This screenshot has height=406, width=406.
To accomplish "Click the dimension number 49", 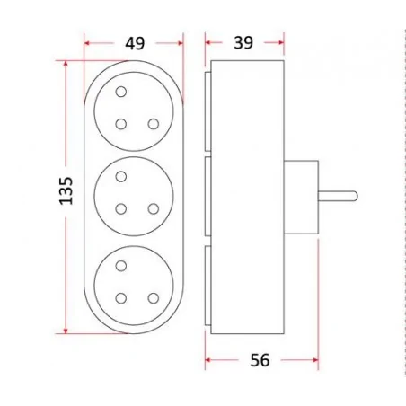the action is (135, 43).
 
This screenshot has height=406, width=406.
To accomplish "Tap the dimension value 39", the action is (243, 43).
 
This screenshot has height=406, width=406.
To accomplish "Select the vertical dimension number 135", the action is (66, 191).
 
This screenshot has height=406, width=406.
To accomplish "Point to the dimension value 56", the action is (260, 360).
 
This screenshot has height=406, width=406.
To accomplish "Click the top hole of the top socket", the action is (121, 92).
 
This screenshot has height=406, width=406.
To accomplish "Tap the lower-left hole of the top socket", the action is (121, 124).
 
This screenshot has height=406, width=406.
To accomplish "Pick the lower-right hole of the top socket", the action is (154, 124).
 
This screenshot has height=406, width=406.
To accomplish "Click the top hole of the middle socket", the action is (121, 177).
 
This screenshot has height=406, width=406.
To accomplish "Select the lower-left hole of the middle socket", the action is (121, 209).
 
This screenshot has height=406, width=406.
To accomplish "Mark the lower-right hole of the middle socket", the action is (154, 209).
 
